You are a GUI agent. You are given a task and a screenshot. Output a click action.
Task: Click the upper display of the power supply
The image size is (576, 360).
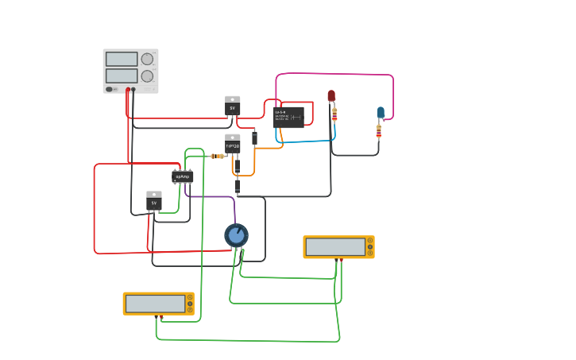tap(122, 59)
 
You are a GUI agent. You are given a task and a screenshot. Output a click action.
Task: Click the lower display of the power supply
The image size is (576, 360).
tap(122, 75)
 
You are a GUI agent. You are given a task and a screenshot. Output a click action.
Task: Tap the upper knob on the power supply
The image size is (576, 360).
tap(147, 59)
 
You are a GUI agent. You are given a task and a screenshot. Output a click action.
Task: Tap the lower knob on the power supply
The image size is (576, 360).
tap(147, 76)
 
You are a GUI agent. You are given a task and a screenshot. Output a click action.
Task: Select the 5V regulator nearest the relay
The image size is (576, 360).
tap(233, 106)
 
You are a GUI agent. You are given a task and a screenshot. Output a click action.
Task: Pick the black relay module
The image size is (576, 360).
tap(288, 117)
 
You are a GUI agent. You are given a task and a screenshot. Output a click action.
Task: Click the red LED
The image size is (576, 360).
tap(331, 96)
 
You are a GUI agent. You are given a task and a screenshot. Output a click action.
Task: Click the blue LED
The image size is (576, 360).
tap(381, 112)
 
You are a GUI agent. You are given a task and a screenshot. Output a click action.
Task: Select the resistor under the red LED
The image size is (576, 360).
tap(334, 114)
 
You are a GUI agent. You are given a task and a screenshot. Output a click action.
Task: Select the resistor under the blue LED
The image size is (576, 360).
tap(379, 130)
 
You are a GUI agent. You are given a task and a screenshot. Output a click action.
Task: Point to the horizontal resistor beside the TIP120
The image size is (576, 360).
tap(217, 156)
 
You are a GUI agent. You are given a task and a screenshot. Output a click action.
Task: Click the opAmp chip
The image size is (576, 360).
tap(182, 176)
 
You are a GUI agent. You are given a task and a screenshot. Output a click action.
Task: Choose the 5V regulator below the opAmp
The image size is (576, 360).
tap(154, 202)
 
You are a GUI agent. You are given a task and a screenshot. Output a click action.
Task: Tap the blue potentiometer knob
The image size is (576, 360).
tap(236, 235)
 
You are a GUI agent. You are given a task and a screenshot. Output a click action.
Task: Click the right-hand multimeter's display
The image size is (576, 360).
tap(335, 247)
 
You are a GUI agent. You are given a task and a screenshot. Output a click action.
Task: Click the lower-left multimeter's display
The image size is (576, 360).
tap(155, 304)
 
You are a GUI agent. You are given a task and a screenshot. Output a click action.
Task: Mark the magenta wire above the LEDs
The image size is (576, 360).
tap(334, 74)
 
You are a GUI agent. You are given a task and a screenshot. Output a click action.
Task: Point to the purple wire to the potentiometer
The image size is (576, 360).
tap(211, 196)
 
